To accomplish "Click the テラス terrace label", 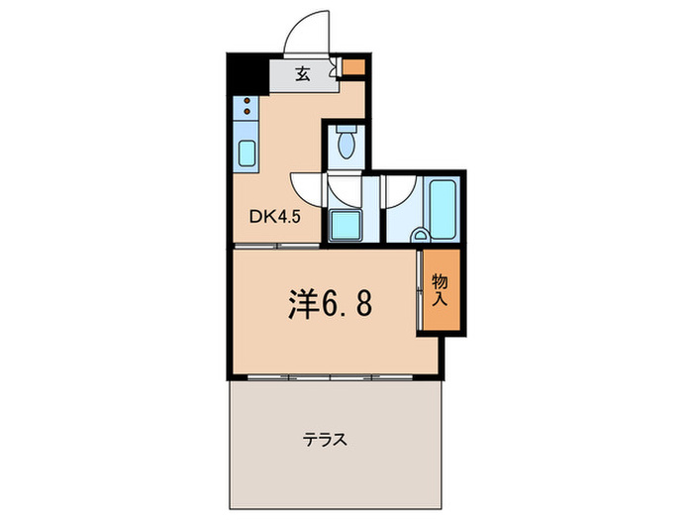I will (x=325, y=441).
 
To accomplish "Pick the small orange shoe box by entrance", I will (x=353, y=68).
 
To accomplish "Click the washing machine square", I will (x=346, y=226).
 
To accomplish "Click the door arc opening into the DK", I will (x=307, y=188).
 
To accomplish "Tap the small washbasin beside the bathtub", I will (x=420, y=236).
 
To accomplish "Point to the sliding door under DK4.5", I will (x=277, y=245).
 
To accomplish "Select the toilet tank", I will (x=345, y=129).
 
